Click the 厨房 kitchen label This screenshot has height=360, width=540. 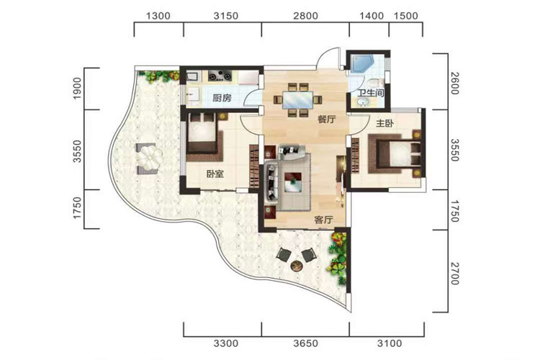click(222, 98)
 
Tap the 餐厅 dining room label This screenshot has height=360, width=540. click(326, 120)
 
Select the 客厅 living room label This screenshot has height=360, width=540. click(324, 220)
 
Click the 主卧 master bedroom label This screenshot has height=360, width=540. click(384, 123)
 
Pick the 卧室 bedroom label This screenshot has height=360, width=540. click(215, 174)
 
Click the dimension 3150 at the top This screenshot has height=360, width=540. click(225, 16)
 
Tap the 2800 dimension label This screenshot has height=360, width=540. click(306, 16)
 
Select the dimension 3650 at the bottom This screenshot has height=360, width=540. click(306, 343)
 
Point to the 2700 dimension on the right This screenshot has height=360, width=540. click(454, 274)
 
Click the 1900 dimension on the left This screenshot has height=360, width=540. click(77, 89)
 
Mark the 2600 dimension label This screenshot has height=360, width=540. click(454, 83)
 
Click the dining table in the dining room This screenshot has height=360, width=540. click(297, 100)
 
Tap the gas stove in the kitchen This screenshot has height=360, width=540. click(220, 76)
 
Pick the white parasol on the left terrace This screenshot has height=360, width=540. click(150, 158)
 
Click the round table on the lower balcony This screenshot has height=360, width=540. click(297, 266)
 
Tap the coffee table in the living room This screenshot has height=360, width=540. click(293, 183)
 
